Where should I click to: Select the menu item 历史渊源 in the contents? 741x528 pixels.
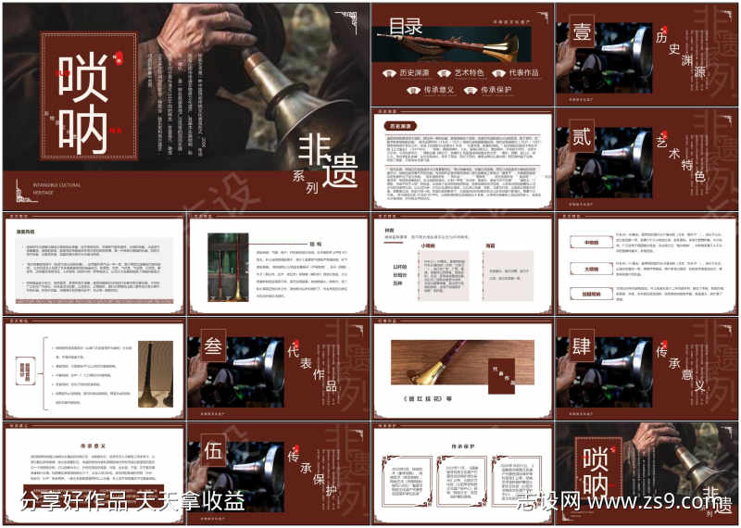point(414,72)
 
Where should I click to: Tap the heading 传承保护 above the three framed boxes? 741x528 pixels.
point(461,446)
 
